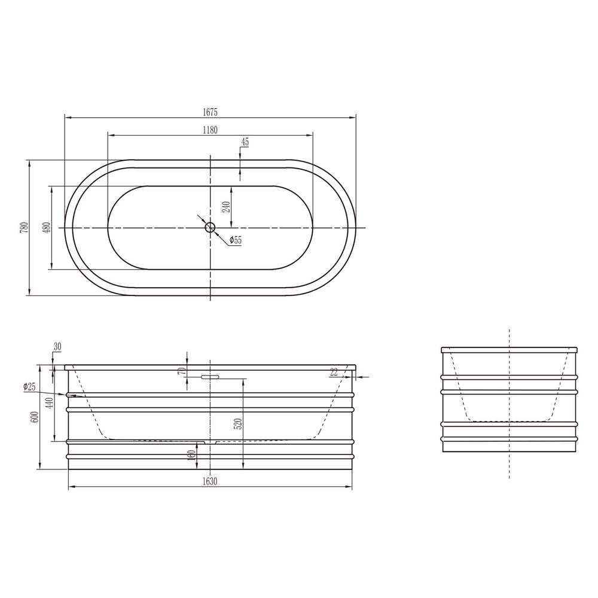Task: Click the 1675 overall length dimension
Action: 210,112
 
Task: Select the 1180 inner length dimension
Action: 210,130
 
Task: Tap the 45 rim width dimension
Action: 245,142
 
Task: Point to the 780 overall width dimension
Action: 25,227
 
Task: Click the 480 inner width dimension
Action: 47,227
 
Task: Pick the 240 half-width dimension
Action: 227,207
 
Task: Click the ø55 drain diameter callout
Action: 236,240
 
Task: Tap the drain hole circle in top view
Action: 210,227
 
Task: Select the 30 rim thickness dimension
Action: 57,347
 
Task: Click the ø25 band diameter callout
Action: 29,387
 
